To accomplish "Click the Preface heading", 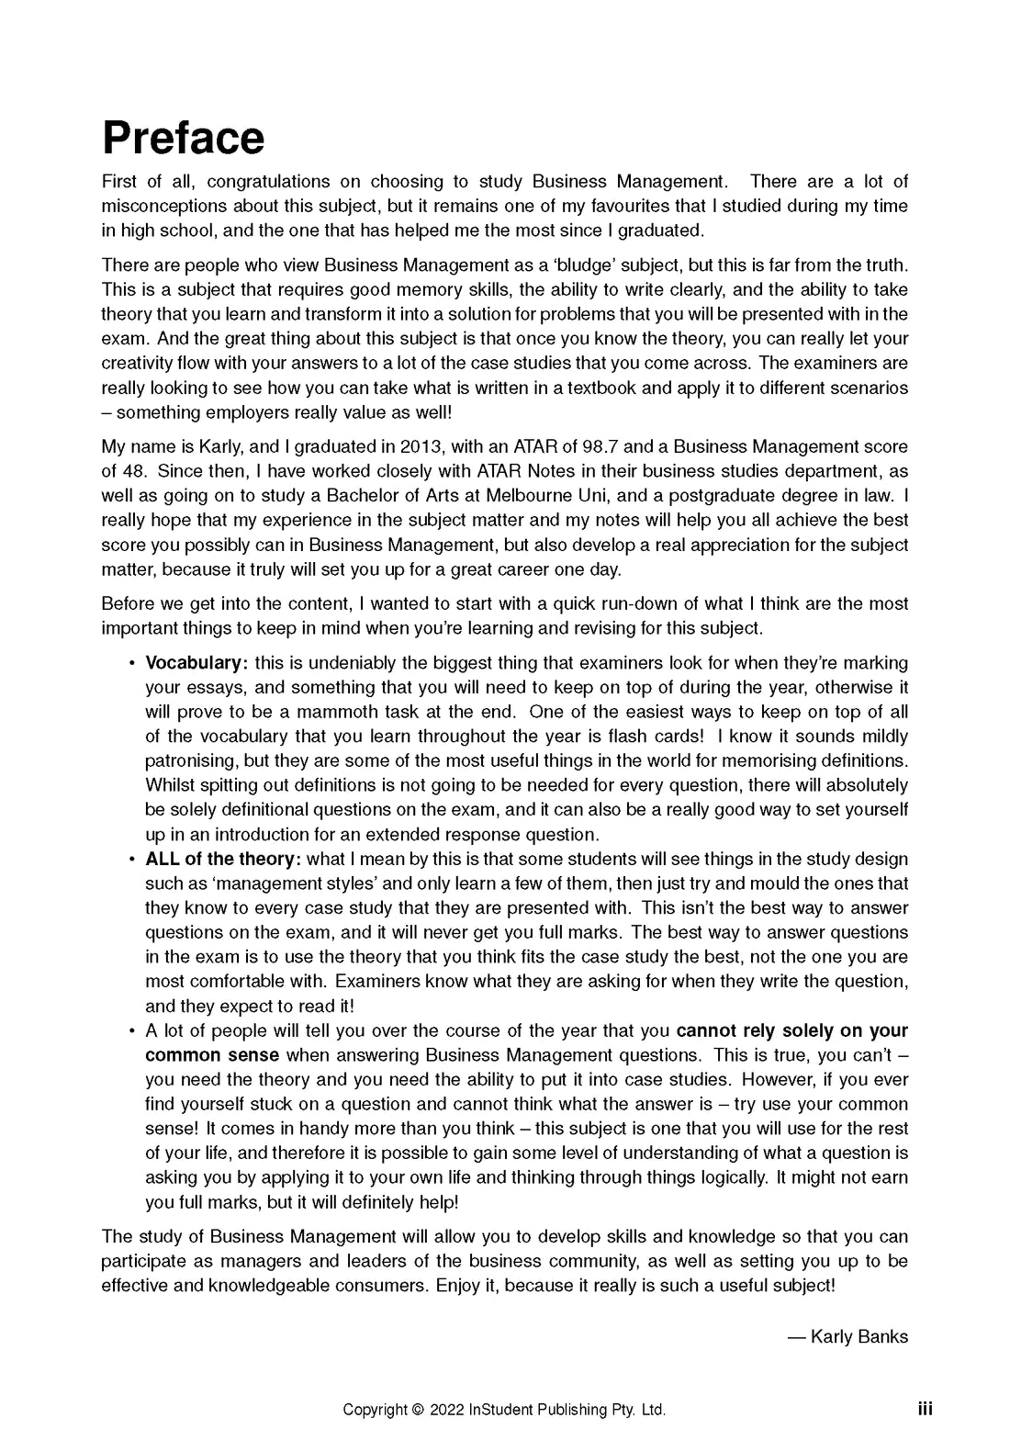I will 183,138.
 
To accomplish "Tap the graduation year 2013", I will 420,447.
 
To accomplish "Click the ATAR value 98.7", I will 600,447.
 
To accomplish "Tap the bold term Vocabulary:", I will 196,663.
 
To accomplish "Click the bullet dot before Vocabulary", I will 132,663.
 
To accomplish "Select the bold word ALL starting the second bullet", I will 163,860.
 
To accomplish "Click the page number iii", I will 925,1409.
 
